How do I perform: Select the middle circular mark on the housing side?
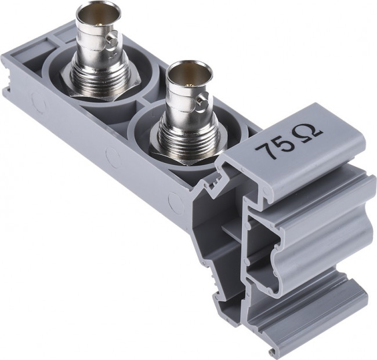click(x=111, y=155)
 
